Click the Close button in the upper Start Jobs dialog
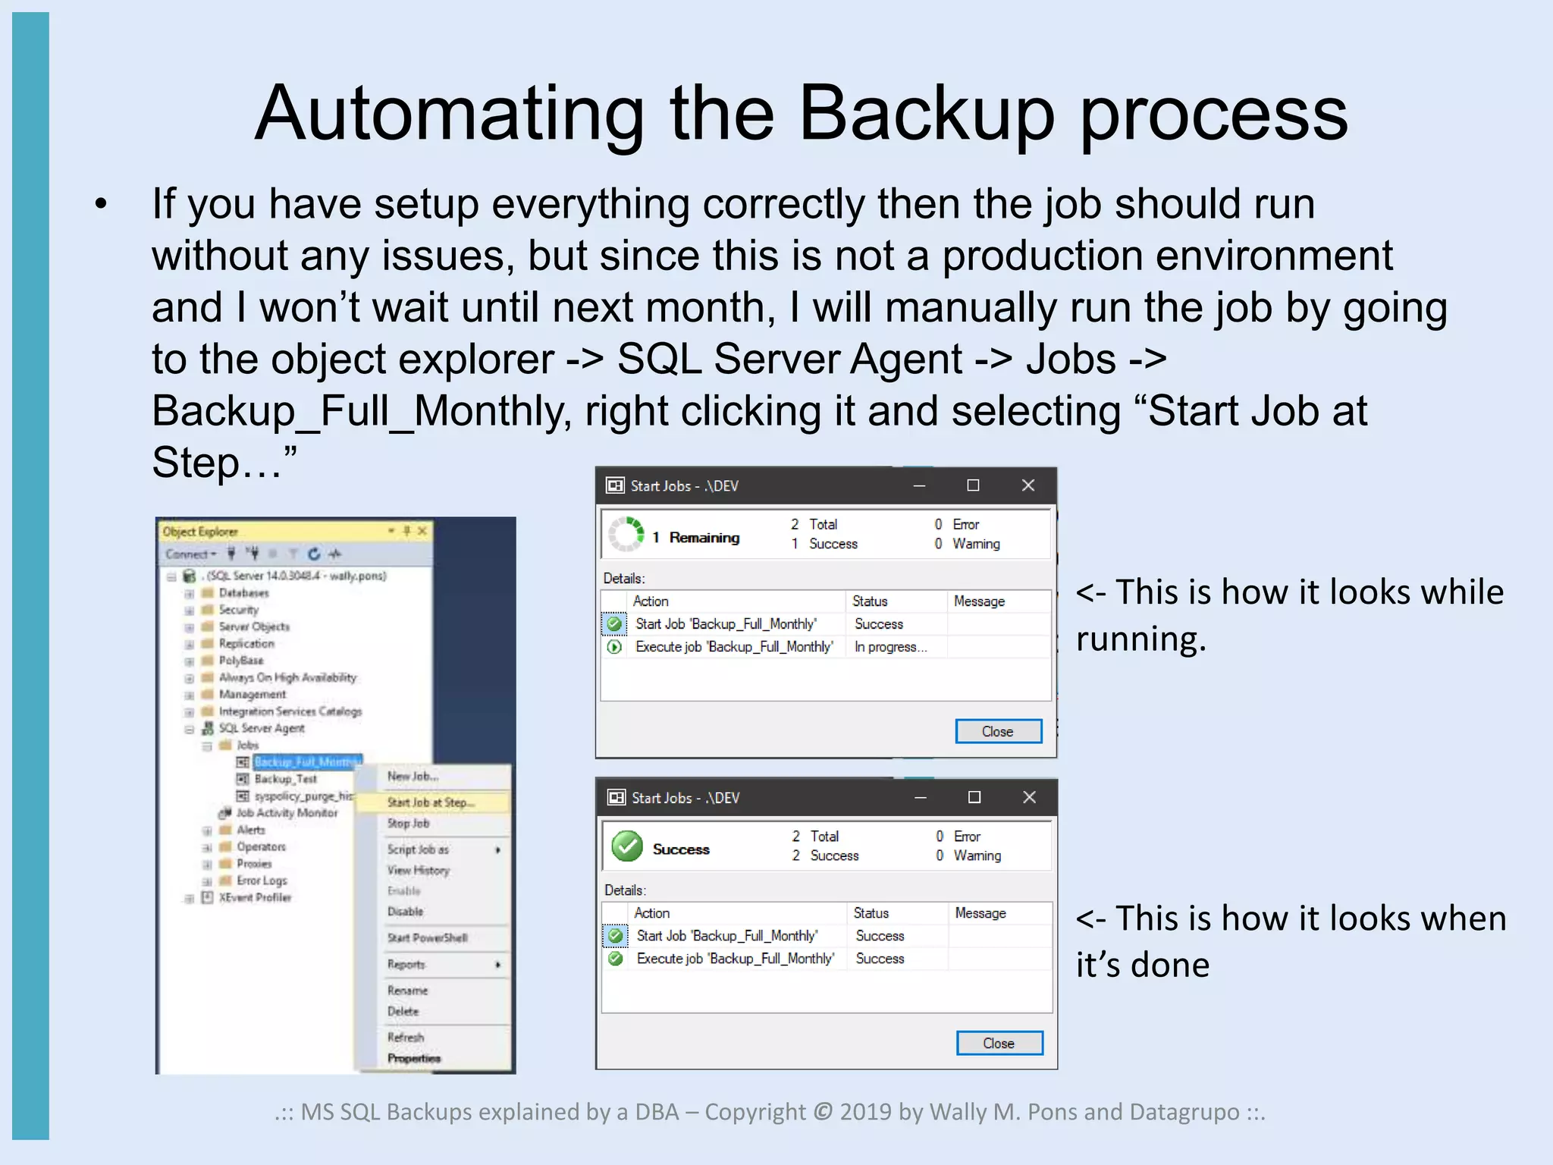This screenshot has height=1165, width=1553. pyautogui.click(x=998, y=731)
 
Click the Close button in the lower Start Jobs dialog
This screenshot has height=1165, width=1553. pyautogui.click(x=999, y=1043)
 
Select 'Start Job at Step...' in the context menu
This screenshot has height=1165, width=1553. pyautogui.click(x=431, y=802)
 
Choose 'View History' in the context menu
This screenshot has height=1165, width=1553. pyautogui.click(x=418, y=870)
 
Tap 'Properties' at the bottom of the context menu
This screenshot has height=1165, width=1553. pyautogui.click(x=413, y=1058)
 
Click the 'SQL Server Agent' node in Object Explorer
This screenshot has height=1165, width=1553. pyautogui.click(x=262, y=728)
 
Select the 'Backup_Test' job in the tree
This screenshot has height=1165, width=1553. pyautogui.click(x=285, y=779)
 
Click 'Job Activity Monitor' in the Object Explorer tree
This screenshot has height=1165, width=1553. pyautogui.click(x=287, y=813)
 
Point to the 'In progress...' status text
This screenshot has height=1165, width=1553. pyautogui.click(x=890, y=647)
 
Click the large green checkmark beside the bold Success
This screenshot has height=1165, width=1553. pyautogui.click(x=627, y=846)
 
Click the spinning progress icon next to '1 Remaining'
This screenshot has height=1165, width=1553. pyautogui.click(x=627, y=534)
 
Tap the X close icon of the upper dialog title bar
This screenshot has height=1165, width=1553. pyautogui.click(x=1027, y=485)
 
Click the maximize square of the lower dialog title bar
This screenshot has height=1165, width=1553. pyautogui.click(x=974, y=797)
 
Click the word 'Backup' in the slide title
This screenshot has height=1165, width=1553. pyautogui.click(x=927, y=114)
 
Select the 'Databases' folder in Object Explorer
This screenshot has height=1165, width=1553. pyautogui.click(x=243, y=593)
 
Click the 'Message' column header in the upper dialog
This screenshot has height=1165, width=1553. pyautogui.click(x=979, y=601)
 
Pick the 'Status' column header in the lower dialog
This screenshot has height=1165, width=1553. pyautogui.click(x=871, y=913)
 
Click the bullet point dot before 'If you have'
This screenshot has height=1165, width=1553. pyautogui.click(x=102, y=204)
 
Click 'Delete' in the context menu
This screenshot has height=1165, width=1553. pyautogui.click(x=403, y=1011)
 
